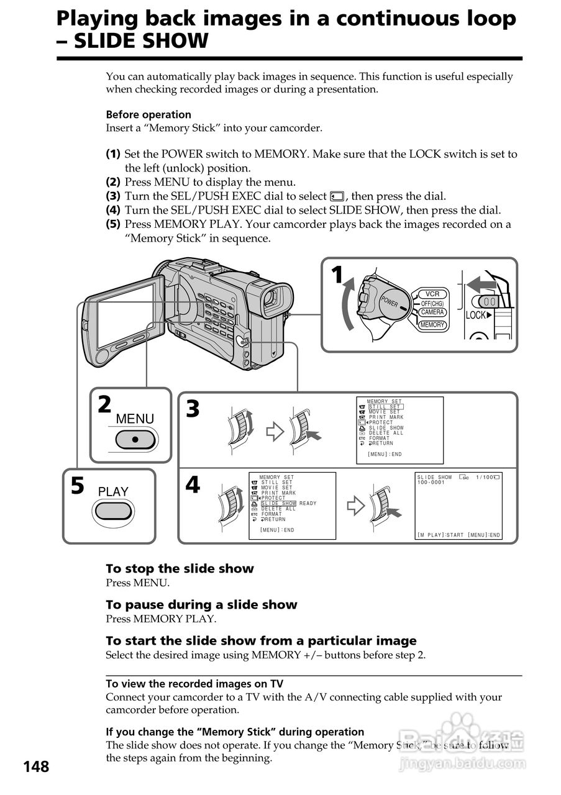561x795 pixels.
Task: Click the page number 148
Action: tap(36, 767)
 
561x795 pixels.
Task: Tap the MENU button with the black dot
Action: tap(135, 439)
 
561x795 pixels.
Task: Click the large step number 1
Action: tap(337, 275)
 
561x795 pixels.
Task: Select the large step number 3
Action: tap(193, 409)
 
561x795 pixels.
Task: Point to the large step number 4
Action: tap(193, 484)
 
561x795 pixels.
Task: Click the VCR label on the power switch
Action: tap(432, 294)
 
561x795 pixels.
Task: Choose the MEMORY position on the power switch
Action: tap(432, 325)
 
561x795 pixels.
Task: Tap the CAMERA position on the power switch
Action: tap(432, 312)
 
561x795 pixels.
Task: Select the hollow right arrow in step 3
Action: tap(275, 432)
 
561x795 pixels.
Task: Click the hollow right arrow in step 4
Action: tap(355, 506)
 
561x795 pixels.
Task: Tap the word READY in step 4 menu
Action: tap(308, 504)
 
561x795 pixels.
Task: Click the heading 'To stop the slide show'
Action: tap(180, 568)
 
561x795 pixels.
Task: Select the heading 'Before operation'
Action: tap(148, 114)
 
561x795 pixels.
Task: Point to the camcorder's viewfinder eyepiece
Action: tap(271, 300)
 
